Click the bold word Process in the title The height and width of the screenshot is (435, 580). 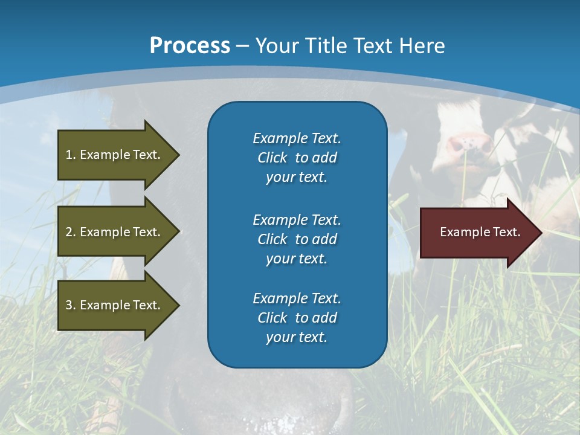point(190,46)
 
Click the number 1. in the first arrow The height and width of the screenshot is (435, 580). point(71,155)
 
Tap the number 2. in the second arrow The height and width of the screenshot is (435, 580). point(71,232)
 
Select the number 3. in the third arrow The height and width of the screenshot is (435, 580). point(71,305)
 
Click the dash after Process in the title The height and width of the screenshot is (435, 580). point(242,46)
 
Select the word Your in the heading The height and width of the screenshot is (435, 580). point(277,46)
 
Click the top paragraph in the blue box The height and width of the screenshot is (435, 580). point(297,158)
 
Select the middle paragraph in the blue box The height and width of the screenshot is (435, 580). point(297,239)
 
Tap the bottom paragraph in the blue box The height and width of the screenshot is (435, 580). point(297,318)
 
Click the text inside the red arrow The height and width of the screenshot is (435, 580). point(480,232)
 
